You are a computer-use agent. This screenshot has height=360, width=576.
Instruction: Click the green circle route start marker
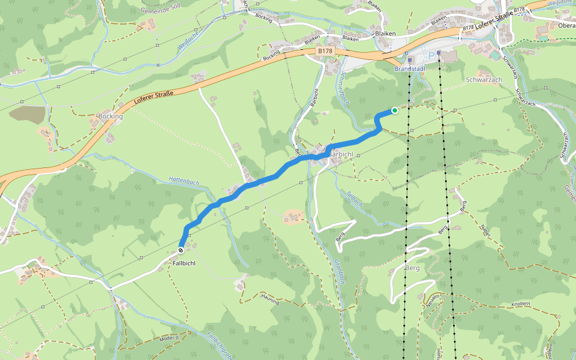pyautogui.click(x=394, y=110)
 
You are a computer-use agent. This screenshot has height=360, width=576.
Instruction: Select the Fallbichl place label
pyautogui.click(x=184, y=263)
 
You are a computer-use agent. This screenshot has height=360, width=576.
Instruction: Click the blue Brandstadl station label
pyautogui.click(x=409, y=69)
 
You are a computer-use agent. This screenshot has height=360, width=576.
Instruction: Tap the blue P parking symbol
pyautogui.click(x=431, y=56)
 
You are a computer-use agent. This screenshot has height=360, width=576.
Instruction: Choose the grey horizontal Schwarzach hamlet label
pyautogui.click(x=484, y=79)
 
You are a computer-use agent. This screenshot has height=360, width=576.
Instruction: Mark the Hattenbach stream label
pyautogui.click(x=184, y=180)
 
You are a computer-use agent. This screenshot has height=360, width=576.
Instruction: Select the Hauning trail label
pyautogui.click(x=270, y=299)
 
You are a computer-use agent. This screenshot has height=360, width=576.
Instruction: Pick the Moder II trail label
pyautogui.click(x=170, y=338)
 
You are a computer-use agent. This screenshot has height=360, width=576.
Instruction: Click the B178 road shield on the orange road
pyautogui.click(x=325, y=52)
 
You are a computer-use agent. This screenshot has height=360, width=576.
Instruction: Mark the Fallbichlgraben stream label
pyautogui.click(x=220, y=346)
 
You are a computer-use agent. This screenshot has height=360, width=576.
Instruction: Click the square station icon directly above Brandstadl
pyautogui.click(x=409, y=60)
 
